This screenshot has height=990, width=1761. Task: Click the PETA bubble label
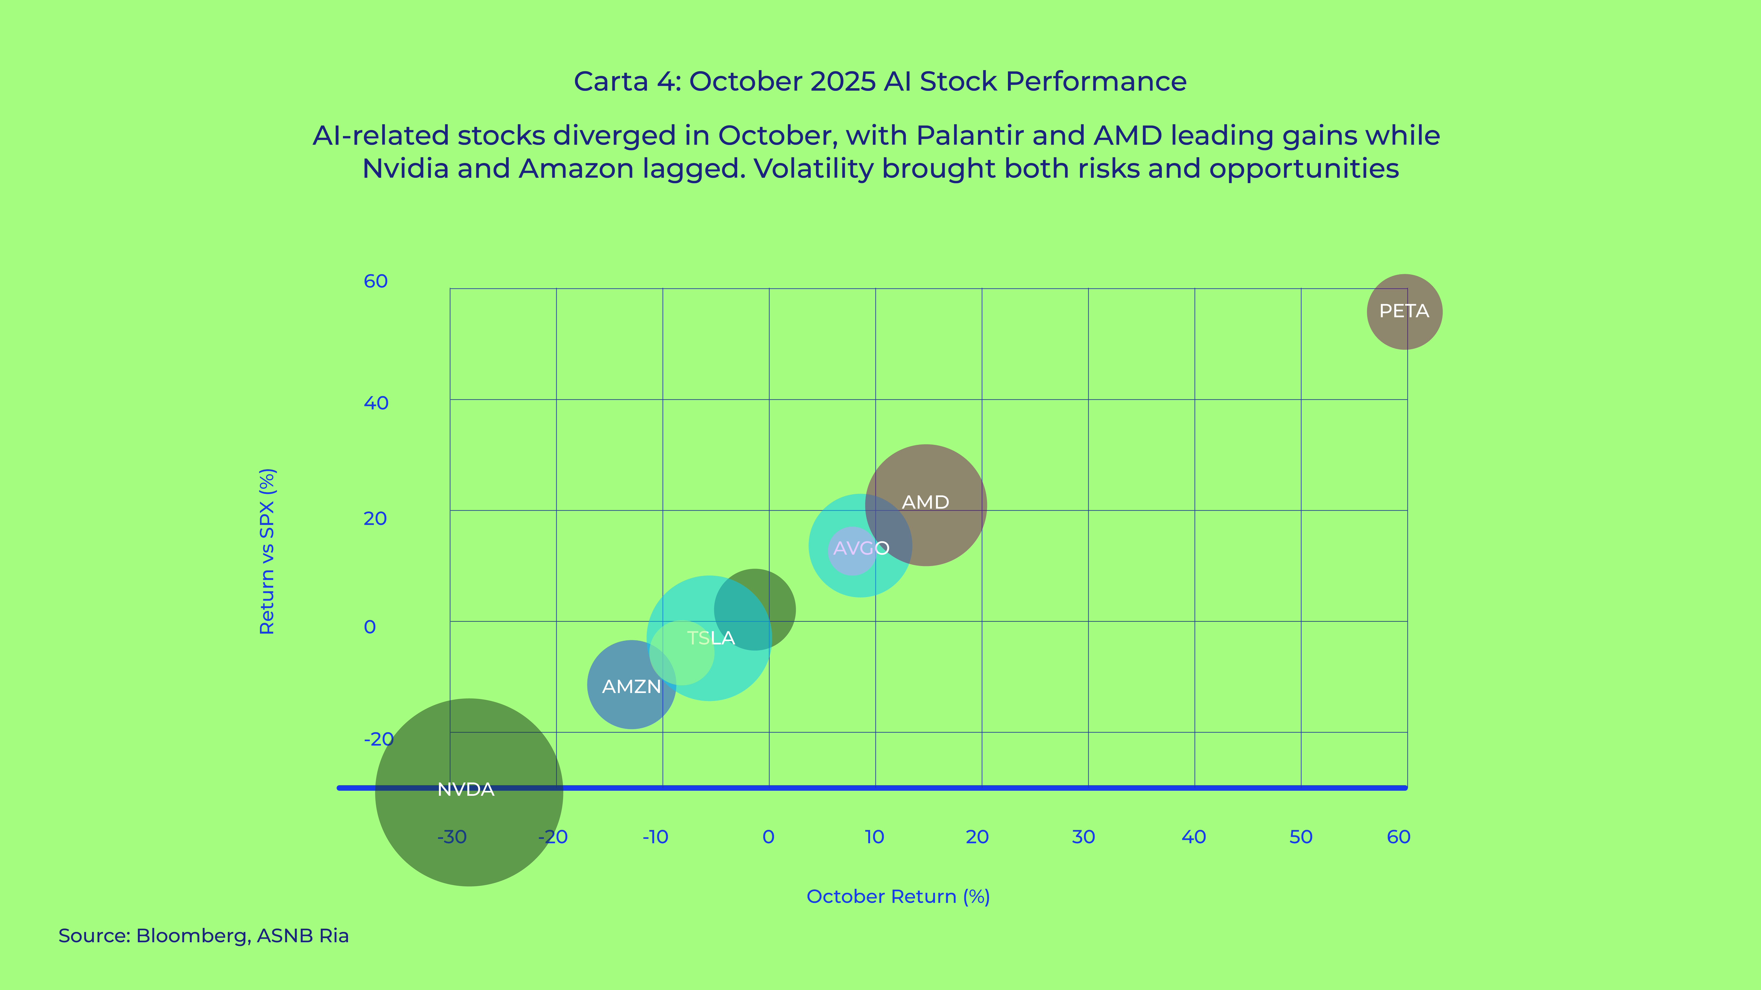1404,312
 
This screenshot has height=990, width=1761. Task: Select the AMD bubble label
926,502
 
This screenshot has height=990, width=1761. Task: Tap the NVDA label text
466,790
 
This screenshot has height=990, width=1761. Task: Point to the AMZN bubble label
631,687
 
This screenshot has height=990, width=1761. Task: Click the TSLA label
711,638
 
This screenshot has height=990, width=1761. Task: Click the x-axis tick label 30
1083,837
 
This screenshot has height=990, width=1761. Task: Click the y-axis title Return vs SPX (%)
267,551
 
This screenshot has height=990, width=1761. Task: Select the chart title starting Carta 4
880,81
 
